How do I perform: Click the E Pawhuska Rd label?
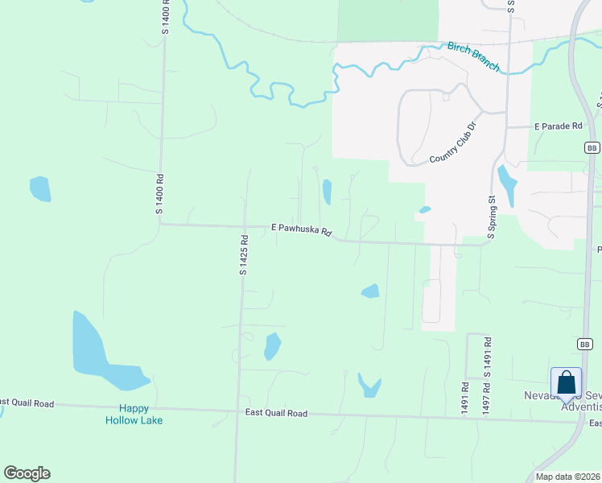pyautogui.click(x=301, y=229)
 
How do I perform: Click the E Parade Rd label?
pyautogui.click(x=558, y=126)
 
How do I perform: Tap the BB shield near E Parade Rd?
pyautogui.click(x=592, y=148)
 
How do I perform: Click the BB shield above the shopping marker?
pyautogui.click(x=585, y=344)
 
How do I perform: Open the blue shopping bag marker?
pyautogui.click(x=566, y=382)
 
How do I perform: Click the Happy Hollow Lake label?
pyautogui.click(x=134, y=415)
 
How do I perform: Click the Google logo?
pyautogui.click(x=27, y=473)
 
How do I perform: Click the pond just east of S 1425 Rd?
pyautogui.click(x=273, y=346)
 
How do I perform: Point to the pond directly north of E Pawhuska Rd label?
pyautogui.click(x=327, y=192)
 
